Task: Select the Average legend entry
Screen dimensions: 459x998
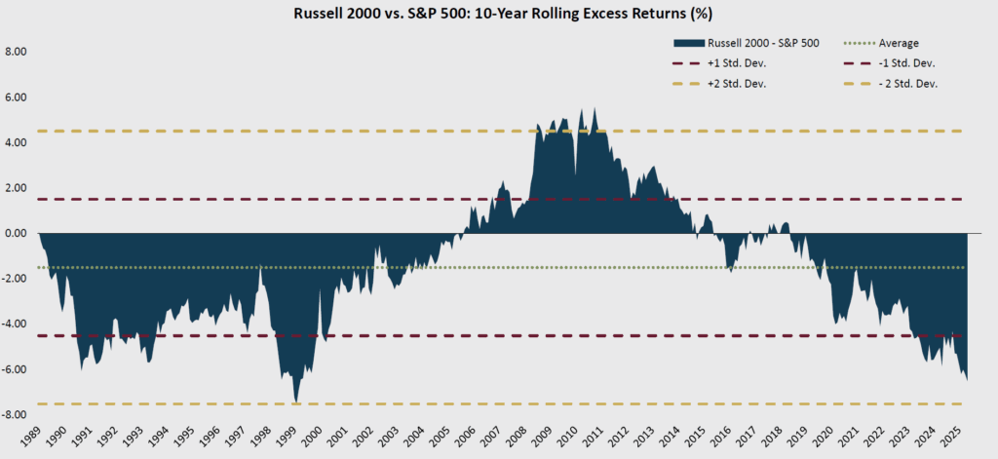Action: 898,43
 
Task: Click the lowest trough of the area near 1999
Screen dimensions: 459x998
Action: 295,401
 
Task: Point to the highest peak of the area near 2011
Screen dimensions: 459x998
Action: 595,109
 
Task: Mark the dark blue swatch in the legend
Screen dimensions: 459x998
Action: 687,43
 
